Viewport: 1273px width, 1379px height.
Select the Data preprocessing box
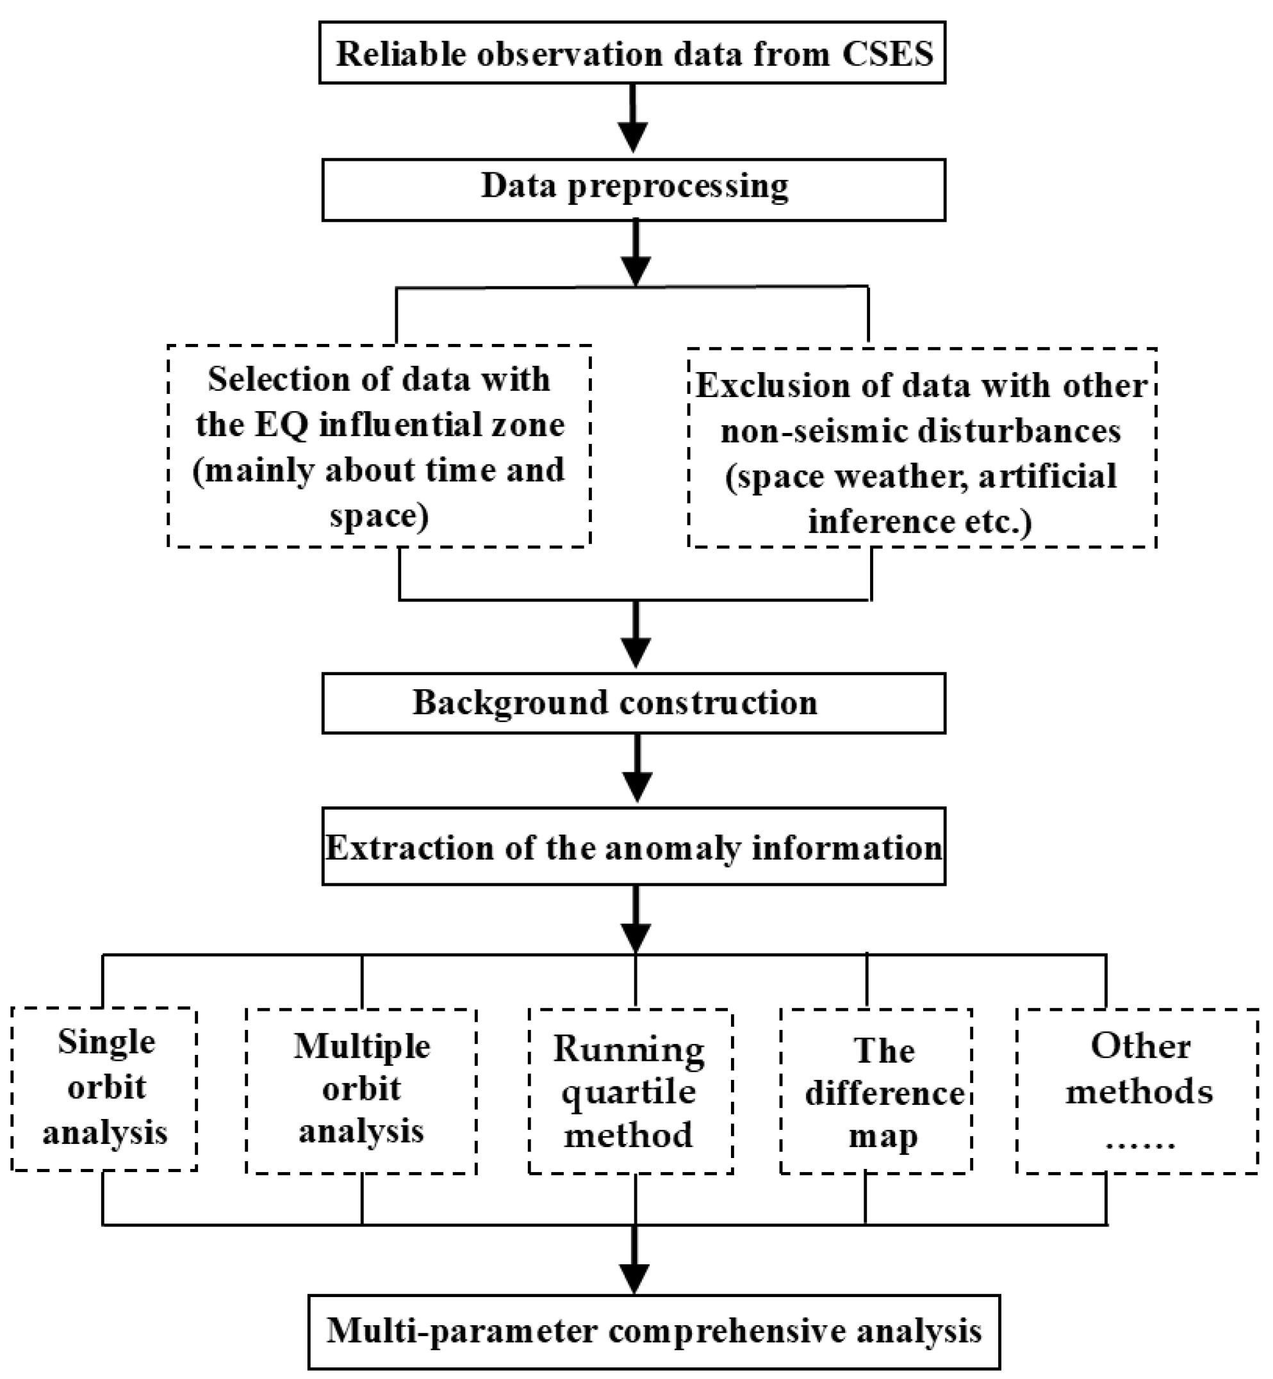pos(634,190)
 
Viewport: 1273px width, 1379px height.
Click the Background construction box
pos(634,703)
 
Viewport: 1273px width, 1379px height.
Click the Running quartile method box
pos(630,1092)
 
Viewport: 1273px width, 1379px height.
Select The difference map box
pos(876,1092)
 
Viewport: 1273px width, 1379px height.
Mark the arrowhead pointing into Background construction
pos(636,651)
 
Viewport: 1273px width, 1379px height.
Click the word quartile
pos(628,1093)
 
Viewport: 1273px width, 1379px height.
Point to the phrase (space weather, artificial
pos(921,477)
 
